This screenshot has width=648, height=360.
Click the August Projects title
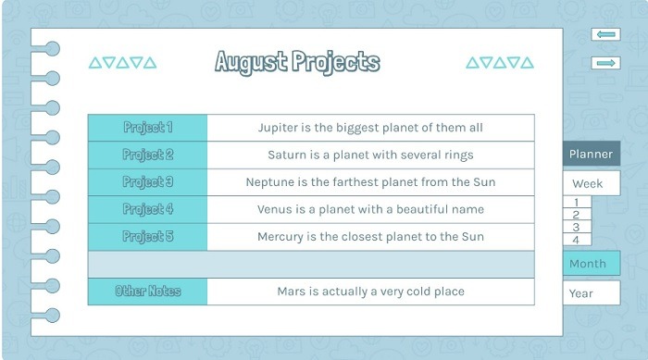[x=297, y=62]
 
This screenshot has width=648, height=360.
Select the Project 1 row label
[x=147, y=128]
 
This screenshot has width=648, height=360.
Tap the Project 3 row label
[x=147, y=182]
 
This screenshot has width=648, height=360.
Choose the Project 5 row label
[x=147, y=237]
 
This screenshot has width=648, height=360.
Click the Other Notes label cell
[x=147, y=292]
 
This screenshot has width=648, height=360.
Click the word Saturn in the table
[x=288, y=155]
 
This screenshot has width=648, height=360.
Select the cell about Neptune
[x=370, y=182]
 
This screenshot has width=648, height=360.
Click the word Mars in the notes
[x=292, y=292]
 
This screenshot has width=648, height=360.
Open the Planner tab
[x=590, y=155]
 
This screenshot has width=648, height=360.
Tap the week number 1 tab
[x=576, y=202]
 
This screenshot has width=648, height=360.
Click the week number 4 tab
[x=576, y=240]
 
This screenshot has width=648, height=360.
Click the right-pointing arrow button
[x=605, y=63]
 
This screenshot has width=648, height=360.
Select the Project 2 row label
[x=147, y=155]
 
